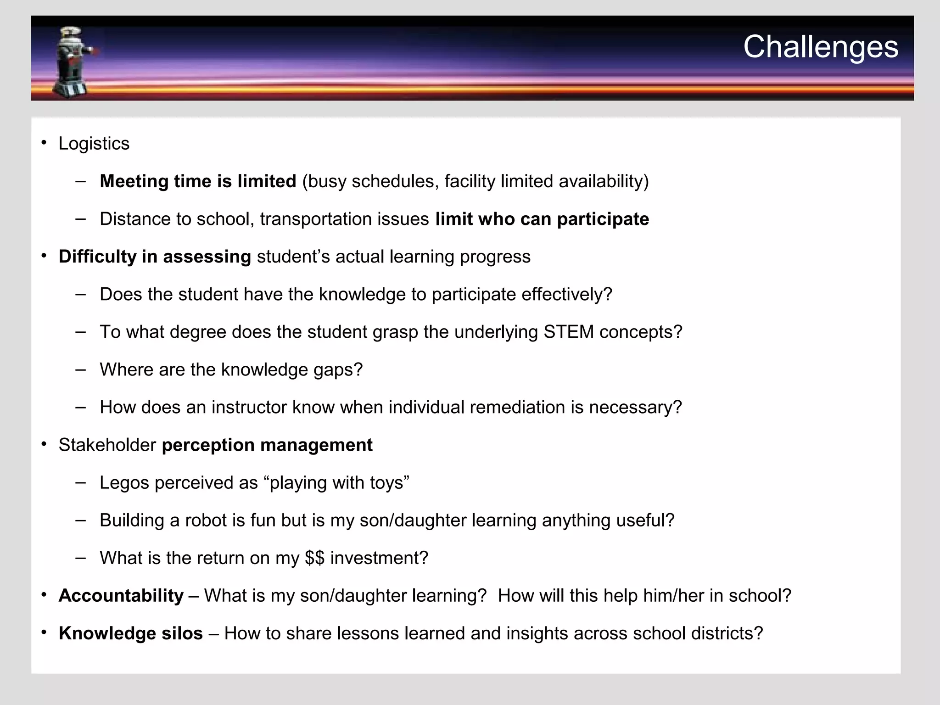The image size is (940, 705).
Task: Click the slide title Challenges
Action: pyautogui.click(x=820, y=47)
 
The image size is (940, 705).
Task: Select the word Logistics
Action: pyautogui.click(x=94, y=144)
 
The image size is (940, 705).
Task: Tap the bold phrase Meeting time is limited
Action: pyautogui.click(x=198, y=181)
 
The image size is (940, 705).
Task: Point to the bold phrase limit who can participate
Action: pyautogui.click(x=542, y=219)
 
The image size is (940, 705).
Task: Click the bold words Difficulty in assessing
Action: pyautogui.click(x=155, y=257)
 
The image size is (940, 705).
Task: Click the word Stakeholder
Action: pyautogui.click(x=107, y=445)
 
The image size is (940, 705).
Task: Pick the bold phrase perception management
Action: pyautogui.click(x=267, y=445)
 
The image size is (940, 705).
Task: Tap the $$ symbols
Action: pyautogui.click(x=314, y=558)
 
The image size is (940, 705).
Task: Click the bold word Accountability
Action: pyautogui.click(x=121, y=596)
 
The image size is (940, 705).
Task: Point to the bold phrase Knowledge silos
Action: pyautogui.click(x=130, y=633)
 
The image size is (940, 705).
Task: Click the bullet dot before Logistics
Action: pyautogui.click(x=44, y=143)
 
